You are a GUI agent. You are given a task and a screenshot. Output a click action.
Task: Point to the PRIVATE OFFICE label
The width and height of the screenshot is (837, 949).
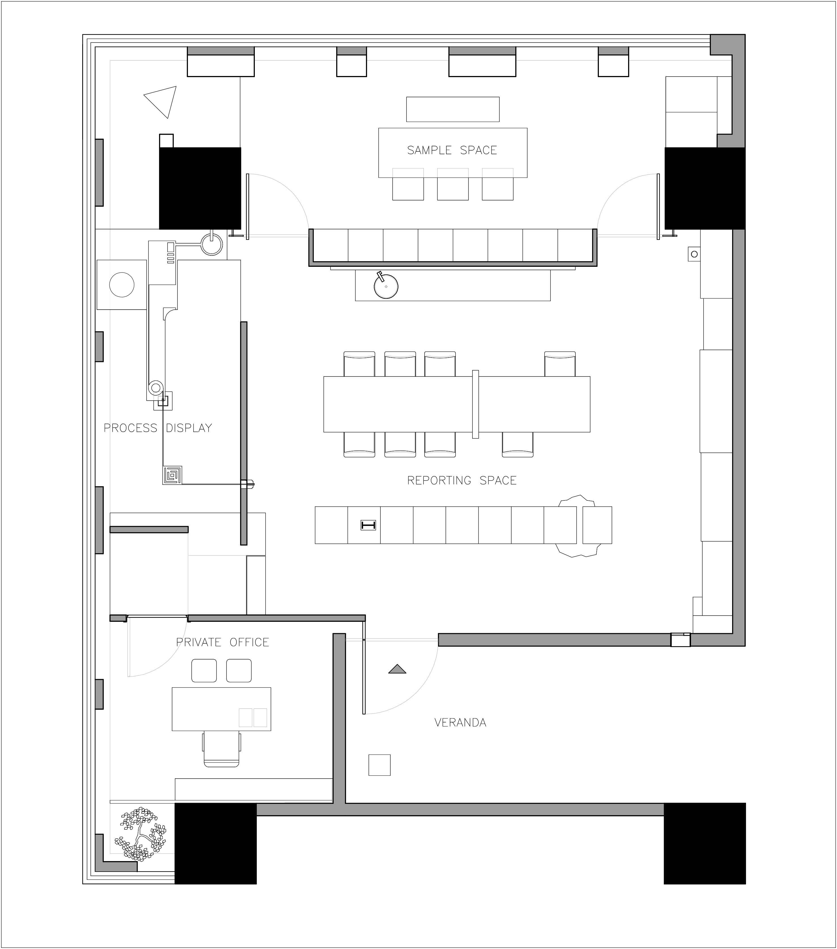coord(223,642)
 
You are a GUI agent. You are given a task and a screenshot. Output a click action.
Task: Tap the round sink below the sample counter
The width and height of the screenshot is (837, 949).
coord(386,286)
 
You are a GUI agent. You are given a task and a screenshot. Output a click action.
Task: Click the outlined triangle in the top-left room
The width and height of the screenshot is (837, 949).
coord(162,100)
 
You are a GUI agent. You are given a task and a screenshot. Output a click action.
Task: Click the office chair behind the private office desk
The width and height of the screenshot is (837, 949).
coord(221,749)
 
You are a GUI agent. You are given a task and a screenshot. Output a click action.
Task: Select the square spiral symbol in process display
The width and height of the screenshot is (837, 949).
coord(172,475)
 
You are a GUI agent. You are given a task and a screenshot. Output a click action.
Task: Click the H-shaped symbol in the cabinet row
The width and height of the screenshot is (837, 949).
coord(368,525)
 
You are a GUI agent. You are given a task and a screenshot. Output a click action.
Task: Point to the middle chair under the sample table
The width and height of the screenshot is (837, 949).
coord(453,184)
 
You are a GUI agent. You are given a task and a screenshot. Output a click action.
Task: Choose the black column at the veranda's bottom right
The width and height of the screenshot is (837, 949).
coord(704,843)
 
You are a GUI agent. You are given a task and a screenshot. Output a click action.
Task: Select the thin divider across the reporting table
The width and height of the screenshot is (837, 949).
coord(475,404)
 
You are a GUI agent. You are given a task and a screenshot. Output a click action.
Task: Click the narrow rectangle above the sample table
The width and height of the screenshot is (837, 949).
coord(453,109)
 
